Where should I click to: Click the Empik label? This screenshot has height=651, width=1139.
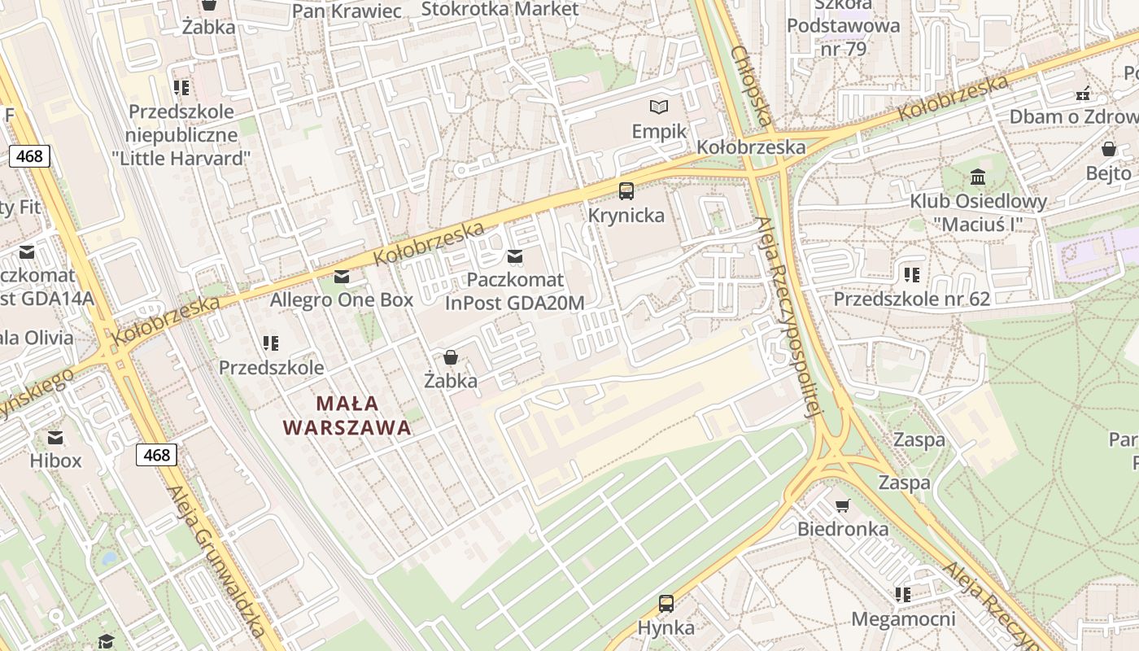tap(659, 132)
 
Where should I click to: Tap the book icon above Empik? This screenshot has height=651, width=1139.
tap(659, 107)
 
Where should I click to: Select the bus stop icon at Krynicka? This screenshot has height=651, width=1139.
tap(626, 191)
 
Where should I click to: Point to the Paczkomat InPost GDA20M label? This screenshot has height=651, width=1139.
tap(514, 291)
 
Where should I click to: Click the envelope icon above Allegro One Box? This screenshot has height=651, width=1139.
tap(342, 277)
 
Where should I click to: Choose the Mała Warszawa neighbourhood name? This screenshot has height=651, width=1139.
tap(347, 415)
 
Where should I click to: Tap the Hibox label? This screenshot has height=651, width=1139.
tap(55, 461)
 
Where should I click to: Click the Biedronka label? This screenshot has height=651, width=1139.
tap(843, 529)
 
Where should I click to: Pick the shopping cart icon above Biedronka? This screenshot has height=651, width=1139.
tap(843, 505)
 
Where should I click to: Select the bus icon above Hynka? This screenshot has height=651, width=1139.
tap(666, 604)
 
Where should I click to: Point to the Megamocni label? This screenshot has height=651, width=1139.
tap(903, 619)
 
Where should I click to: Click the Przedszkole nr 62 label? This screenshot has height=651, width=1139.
tap(911, 299)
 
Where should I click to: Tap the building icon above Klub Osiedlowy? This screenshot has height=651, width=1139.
tap(978, 177)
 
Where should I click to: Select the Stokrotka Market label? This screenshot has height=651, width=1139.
tap(500, 9)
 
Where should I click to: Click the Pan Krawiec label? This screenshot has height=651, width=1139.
tap(347, 11)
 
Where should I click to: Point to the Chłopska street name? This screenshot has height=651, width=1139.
tap(750, 85)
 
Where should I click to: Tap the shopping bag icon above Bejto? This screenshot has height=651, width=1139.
tap(1108, 149)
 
